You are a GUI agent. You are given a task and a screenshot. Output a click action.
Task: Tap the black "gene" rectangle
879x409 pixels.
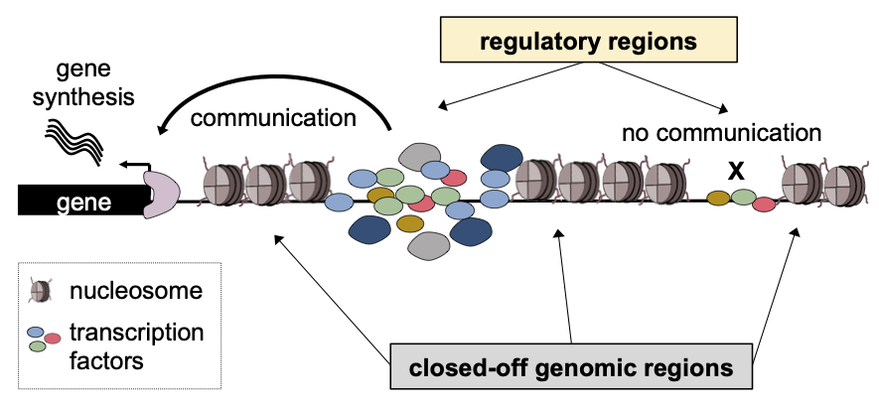click(80, 203)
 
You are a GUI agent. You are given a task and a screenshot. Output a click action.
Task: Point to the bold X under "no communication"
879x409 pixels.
click(736, 171)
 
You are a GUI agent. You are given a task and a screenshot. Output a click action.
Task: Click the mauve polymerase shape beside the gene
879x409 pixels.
click(159, 193)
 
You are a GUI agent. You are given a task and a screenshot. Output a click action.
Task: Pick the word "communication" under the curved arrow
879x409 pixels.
click(273, 119)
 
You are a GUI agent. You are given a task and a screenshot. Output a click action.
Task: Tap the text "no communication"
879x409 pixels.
click(722, 133)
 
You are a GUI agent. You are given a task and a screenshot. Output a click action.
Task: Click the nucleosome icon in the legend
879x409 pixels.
click(42, 291)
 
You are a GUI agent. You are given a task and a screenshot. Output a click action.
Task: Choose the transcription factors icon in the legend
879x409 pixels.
click(42, 337)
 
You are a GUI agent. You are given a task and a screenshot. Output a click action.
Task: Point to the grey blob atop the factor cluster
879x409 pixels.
click(421, 156)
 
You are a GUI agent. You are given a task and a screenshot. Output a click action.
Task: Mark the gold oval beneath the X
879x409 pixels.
click(719, 198)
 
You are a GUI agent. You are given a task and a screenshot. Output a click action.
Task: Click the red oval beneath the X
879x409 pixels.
click(764, 204)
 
